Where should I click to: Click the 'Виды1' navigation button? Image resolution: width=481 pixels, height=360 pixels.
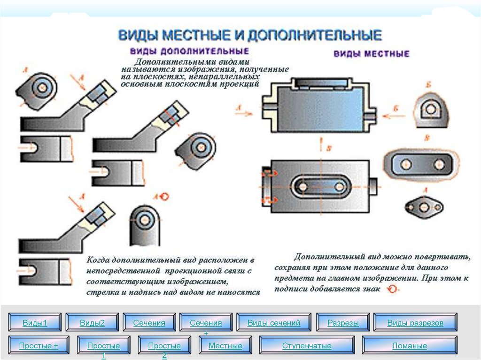[x=35, y=322]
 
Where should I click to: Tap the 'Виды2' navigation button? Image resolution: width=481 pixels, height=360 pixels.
[x=92, y=322]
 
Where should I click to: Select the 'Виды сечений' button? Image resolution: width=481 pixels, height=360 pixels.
[x=273, y=322]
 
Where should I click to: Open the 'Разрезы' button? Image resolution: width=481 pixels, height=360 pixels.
[x=343, y=322]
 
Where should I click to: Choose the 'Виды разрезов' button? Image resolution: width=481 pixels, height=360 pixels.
[x=415, y=322]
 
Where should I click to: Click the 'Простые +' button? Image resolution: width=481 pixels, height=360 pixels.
[x=39, y=345]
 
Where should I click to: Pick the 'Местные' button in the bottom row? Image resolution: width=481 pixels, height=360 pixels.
[x=225, y=345]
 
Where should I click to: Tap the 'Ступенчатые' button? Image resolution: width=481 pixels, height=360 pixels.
[x=307, y=345]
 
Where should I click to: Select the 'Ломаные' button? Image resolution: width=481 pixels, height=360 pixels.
[x=410, y=345]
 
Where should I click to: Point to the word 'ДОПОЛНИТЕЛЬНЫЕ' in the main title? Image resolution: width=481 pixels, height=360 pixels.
[x=315, y=36]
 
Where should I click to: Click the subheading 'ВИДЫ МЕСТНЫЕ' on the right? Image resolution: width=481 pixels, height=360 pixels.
[x=371, y=54]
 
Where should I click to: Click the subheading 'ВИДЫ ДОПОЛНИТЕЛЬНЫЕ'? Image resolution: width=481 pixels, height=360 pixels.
[x=189, y=50]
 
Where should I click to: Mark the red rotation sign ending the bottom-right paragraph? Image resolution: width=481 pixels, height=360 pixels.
[x=391, y=289]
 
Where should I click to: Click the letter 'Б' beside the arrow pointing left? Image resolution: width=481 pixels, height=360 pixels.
[x=396, y=109]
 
